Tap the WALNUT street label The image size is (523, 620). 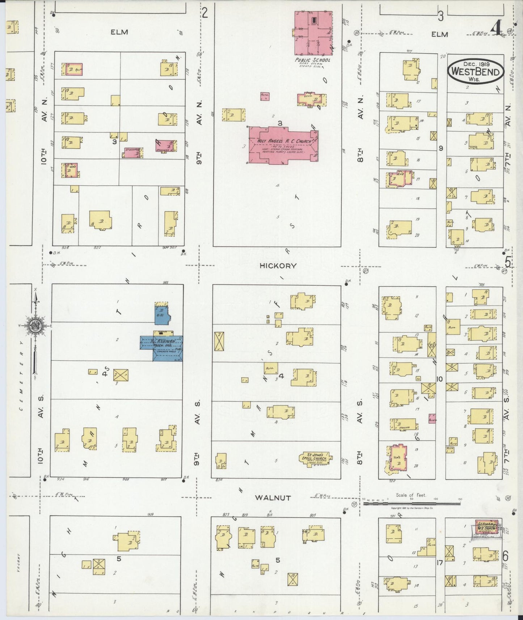point(273,498)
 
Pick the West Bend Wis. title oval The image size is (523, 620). point(476,72)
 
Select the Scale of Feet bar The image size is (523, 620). point(412,503)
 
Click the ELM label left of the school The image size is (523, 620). point(119,32)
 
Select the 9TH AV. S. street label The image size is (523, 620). point(197,434)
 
